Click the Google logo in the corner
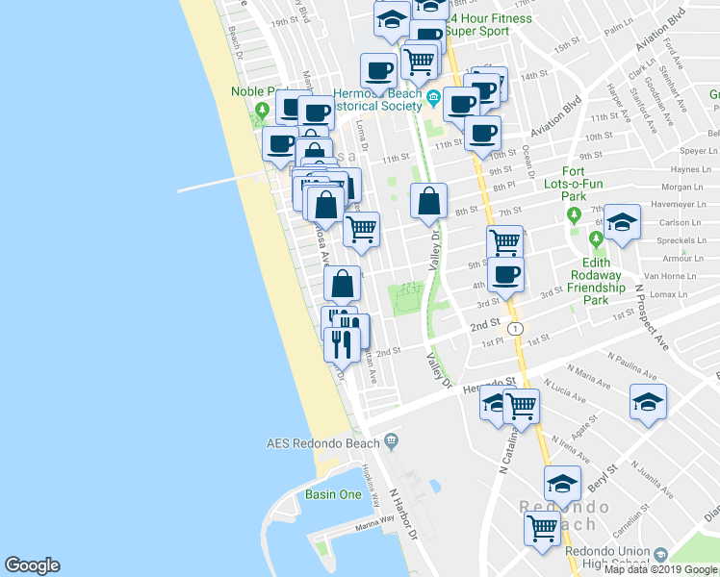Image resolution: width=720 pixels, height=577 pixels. point(32,565)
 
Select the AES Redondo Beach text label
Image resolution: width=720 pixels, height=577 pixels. point(323,443)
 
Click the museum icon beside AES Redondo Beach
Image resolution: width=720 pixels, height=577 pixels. point(391,441)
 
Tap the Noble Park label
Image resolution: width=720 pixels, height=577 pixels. point(252,91)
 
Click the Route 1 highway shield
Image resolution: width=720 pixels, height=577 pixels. point(518,329)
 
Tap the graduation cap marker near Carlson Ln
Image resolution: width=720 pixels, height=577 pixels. point(623,224)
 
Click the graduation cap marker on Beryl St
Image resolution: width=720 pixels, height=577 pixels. point(562,481)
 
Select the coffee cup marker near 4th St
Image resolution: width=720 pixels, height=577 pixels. point(504,275)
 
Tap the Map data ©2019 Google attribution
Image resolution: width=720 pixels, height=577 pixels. point(661,569)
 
